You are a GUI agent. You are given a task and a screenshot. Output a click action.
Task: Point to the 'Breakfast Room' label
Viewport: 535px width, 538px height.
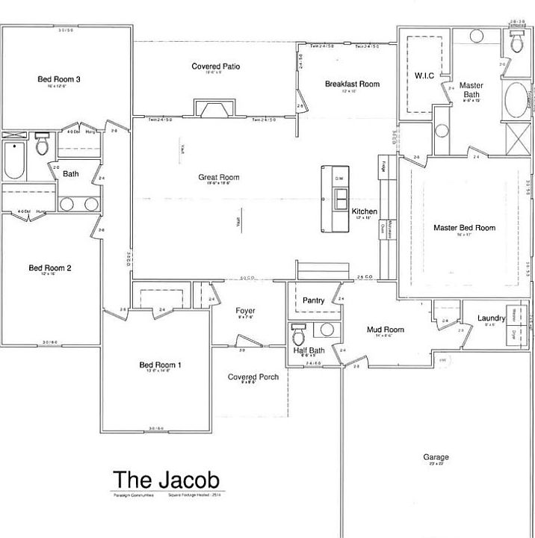coord(352,84)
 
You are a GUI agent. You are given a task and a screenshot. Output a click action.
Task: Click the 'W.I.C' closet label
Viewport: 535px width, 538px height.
coord(424,75)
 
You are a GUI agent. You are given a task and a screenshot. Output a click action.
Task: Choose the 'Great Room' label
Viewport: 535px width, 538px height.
coord(218,177)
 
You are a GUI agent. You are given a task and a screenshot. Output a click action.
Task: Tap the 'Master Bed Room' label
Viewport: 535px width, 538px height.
coord(464,227)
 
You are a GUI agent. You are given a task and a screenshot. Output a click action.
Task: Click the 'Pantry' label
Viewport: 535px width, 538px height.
coord(313,300)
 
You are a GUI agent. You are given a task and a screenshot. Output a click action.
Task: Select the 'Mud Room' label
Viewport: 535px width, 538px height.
coord(386,329)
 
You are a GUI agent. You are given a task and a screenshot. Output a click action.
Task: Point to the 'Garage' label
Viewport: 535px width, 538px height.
coord(436,457)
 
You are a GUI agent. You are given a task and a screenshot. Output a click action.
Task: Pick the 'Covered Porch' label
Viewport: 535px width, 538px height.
coord(253,377)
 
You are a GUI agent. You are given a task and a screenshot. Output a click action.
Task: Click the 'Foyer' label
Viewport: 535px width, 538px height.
coord(245,310)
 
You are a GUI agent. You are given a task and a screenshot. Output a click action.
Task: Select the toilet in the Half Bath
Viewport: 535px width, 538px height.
coord(300,330)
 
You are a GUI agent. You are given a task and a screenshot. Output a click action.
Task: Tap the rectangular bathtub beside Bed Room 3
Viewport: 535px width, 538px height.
coord(14,159)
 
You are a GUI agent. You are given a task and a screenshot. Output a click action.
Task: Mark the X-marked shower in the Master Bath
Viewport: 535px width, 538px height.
coord(516,137)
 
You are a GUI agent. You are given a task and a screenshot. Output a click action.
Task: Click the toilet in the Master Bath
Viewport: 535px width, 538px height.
coord(515,43)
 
